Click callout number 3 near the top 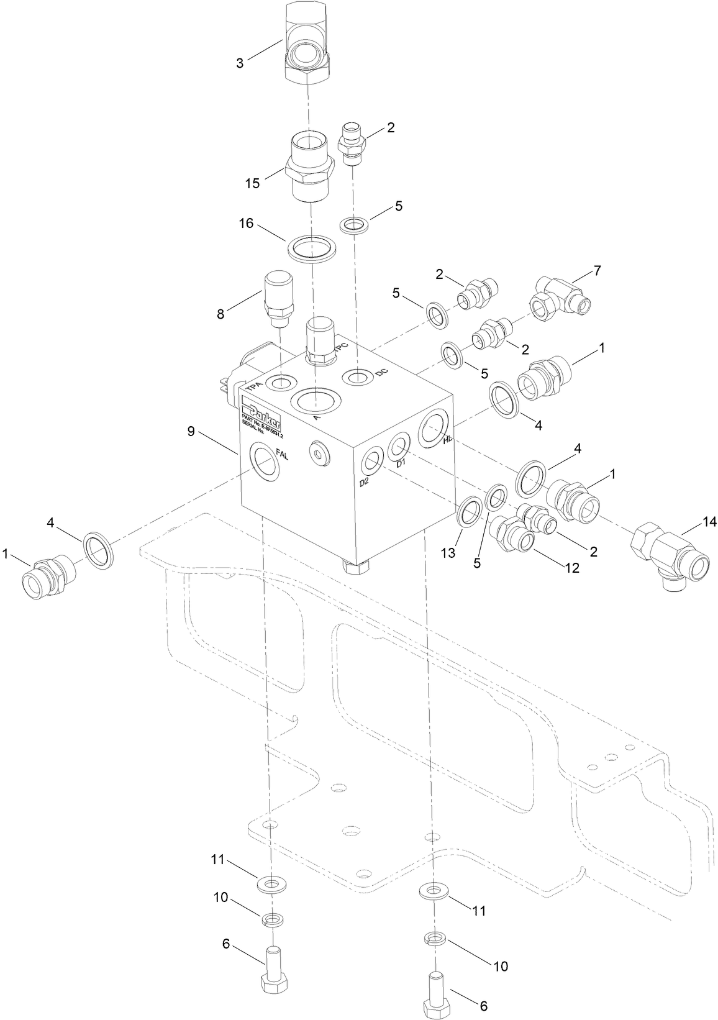240,63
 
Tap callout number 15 252,183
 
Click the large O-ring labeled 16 312,249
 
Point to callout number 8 220,314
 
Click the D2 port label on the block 365,483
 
